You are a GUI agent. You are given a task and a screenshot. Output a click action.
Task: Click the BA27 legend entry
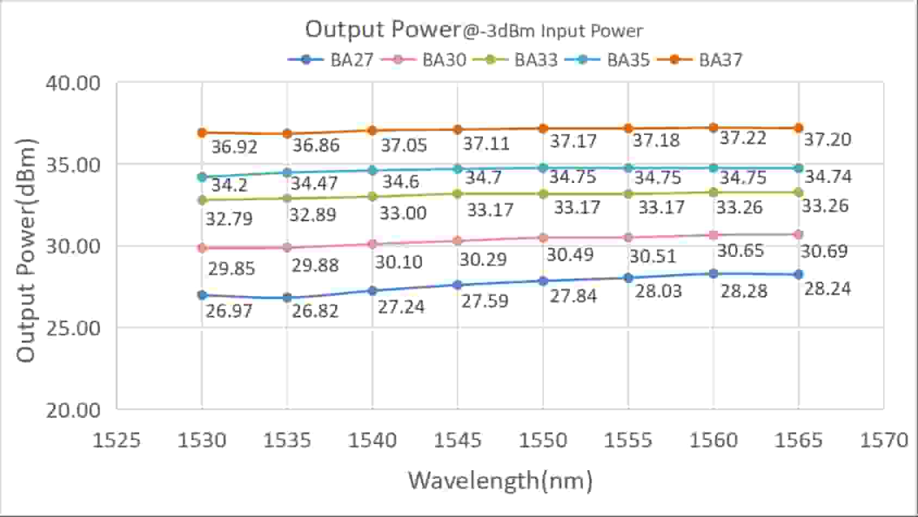pos(331,59)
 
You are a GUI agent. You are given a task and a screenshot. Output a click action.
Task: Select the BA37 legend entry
pos(700,59)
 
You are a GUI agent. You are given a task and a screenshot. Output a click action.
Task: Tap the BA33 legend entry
pos(516,59)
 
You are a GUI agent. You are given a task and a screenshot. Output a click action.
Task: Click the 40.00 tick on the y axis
pos(73,83)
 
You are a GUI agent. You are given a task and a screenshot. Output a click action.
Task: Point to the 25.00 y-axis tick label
pos(73,328)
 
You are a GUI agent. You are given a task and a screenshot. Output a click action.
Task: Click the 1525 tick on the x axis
pos(116,440)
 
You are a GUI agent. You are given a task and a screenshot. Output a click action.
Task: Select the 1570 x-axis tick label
pos(884,440)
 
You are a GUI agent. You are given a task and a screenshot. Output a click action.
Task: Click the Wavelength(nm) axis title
pos(500,481)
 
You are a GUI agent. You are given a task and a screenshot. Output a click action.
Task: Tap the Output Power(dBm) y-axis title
pos(26,250)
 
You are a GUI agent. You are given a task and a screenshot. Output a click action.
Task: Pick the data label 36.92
pos(234,147)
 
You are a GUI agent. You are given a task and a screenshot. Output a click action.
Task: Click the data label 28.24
pos(827,289)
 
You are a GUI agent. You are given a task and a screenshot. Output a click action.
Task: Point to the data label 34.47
pos(314,183)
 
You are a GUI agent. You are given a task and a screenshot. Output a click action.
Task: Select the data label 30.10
pos(399,262)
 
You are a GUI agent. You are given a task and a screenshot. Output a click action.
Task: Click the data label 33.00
pos(403,213)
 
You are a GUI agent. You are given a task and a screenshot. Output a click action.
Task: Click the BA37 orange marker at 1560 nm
pos(714,128)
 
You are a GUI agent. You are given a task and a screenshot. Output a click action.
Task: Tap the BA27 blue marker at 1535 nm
pos(287,298)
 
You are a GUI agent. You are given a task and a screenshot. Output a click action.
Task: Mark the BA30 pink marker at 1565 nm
pos(798,235)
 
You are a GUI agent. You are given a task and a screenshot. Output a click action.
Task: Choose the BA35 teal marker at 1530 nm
pos(202,177)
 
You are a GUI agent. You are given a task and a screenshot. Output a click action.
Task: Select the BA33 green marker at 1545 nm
pos(457,194)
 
